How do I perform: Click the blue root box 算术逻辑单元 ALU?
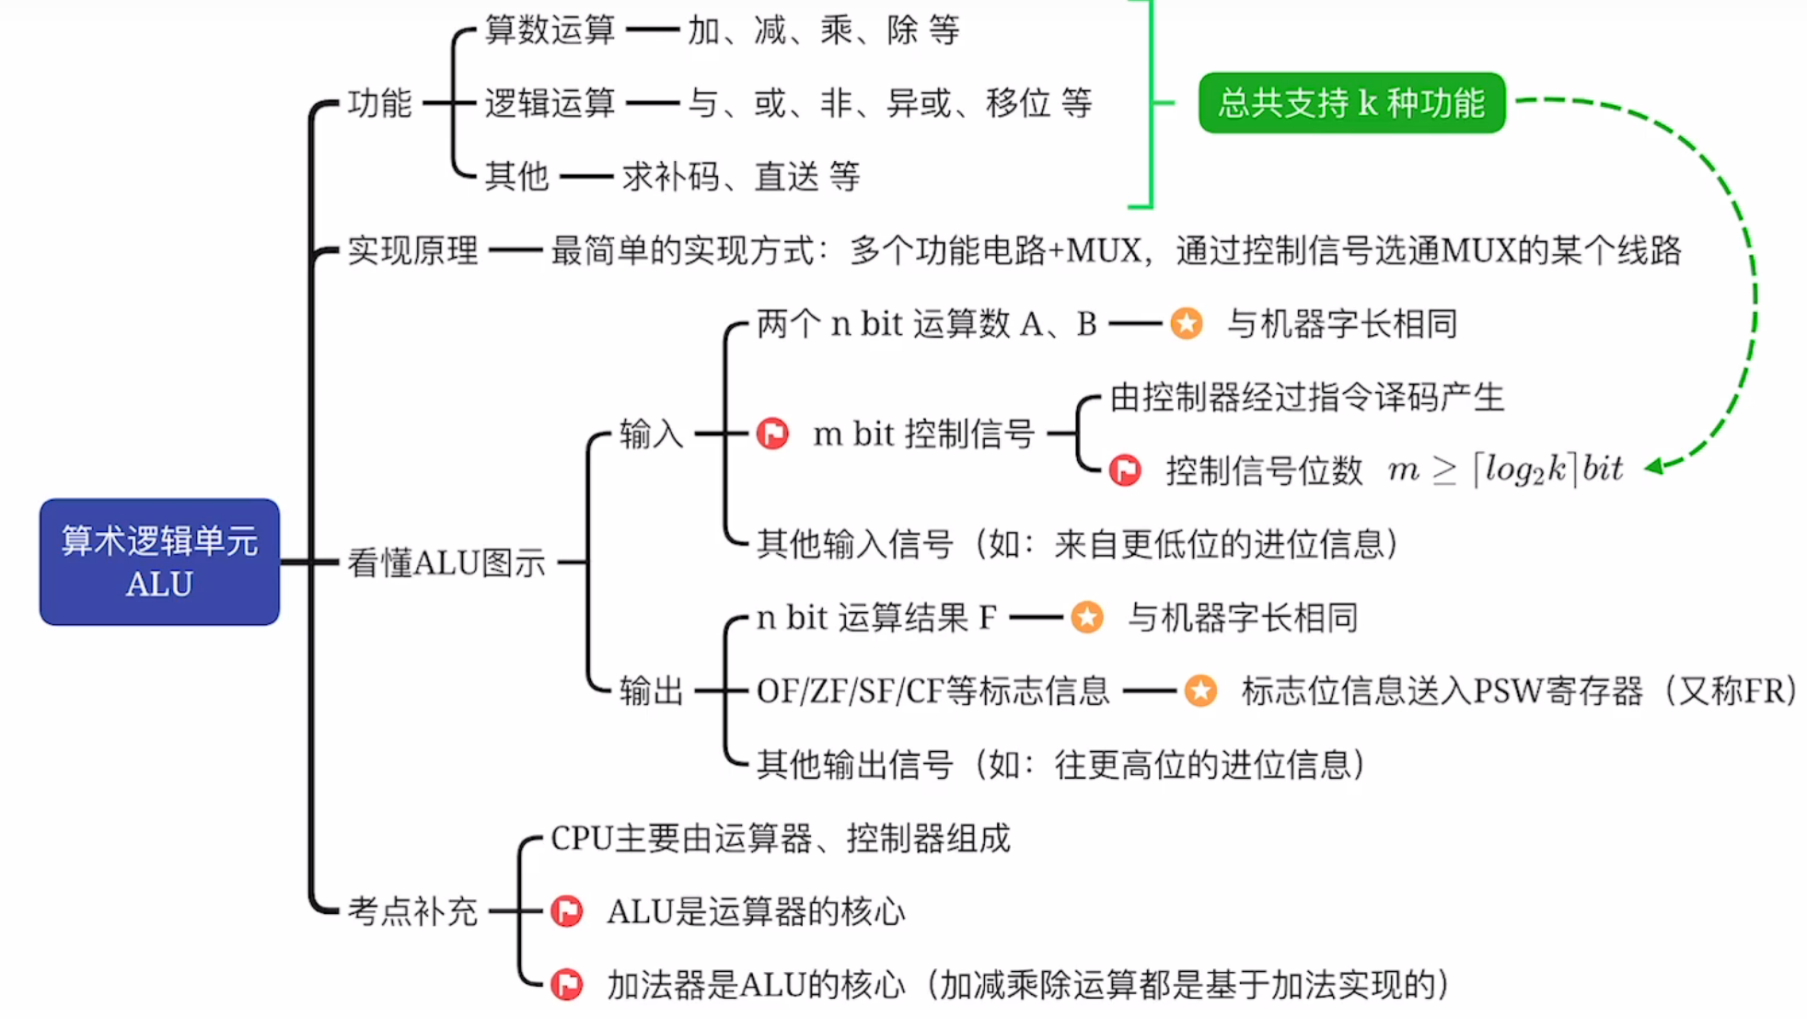point(159,562)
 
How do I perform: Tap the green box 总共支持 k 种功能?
point(1350,102)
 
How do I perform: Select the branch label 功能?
point(379,103)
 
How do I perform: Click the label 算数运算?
point(550,29)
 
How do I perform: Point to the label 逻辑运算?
point(550,103)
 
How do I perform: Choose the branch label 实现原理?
point(412,249)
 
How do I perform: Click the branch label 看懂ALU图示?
point(446,562)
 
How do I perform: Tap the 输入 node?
point(651,433)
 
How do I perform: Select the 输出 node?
point(651,690)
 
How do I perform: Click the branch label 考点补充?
point(412,911)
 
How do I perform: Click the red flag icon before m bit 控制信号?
point(772,433)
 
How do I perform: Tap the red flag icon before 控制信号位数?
point(1124,469)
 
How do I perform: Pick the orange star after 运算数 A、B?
point(1187,323)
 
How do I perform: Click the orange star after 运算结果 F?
point(1087,617)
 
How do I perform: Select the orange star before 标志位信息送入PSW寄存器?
point(1200,690)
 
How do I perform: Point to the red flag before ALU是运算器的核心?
point(566,911)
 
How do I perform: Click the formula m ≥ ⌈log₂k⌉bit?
point(1505,469)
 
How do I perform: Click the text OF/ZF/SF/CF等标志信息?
point(932,690)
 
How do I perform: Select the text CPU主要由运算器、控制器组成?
point(780,839)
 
